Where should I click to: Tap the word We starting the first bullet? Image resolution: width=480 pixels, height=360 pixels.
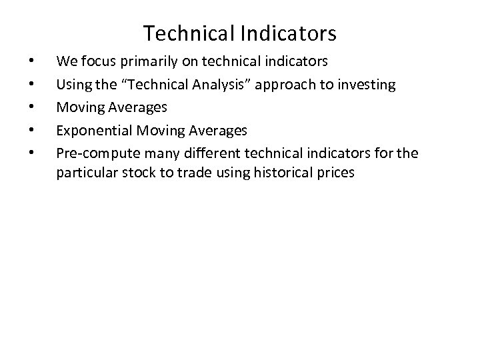[x=65, y=62]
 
